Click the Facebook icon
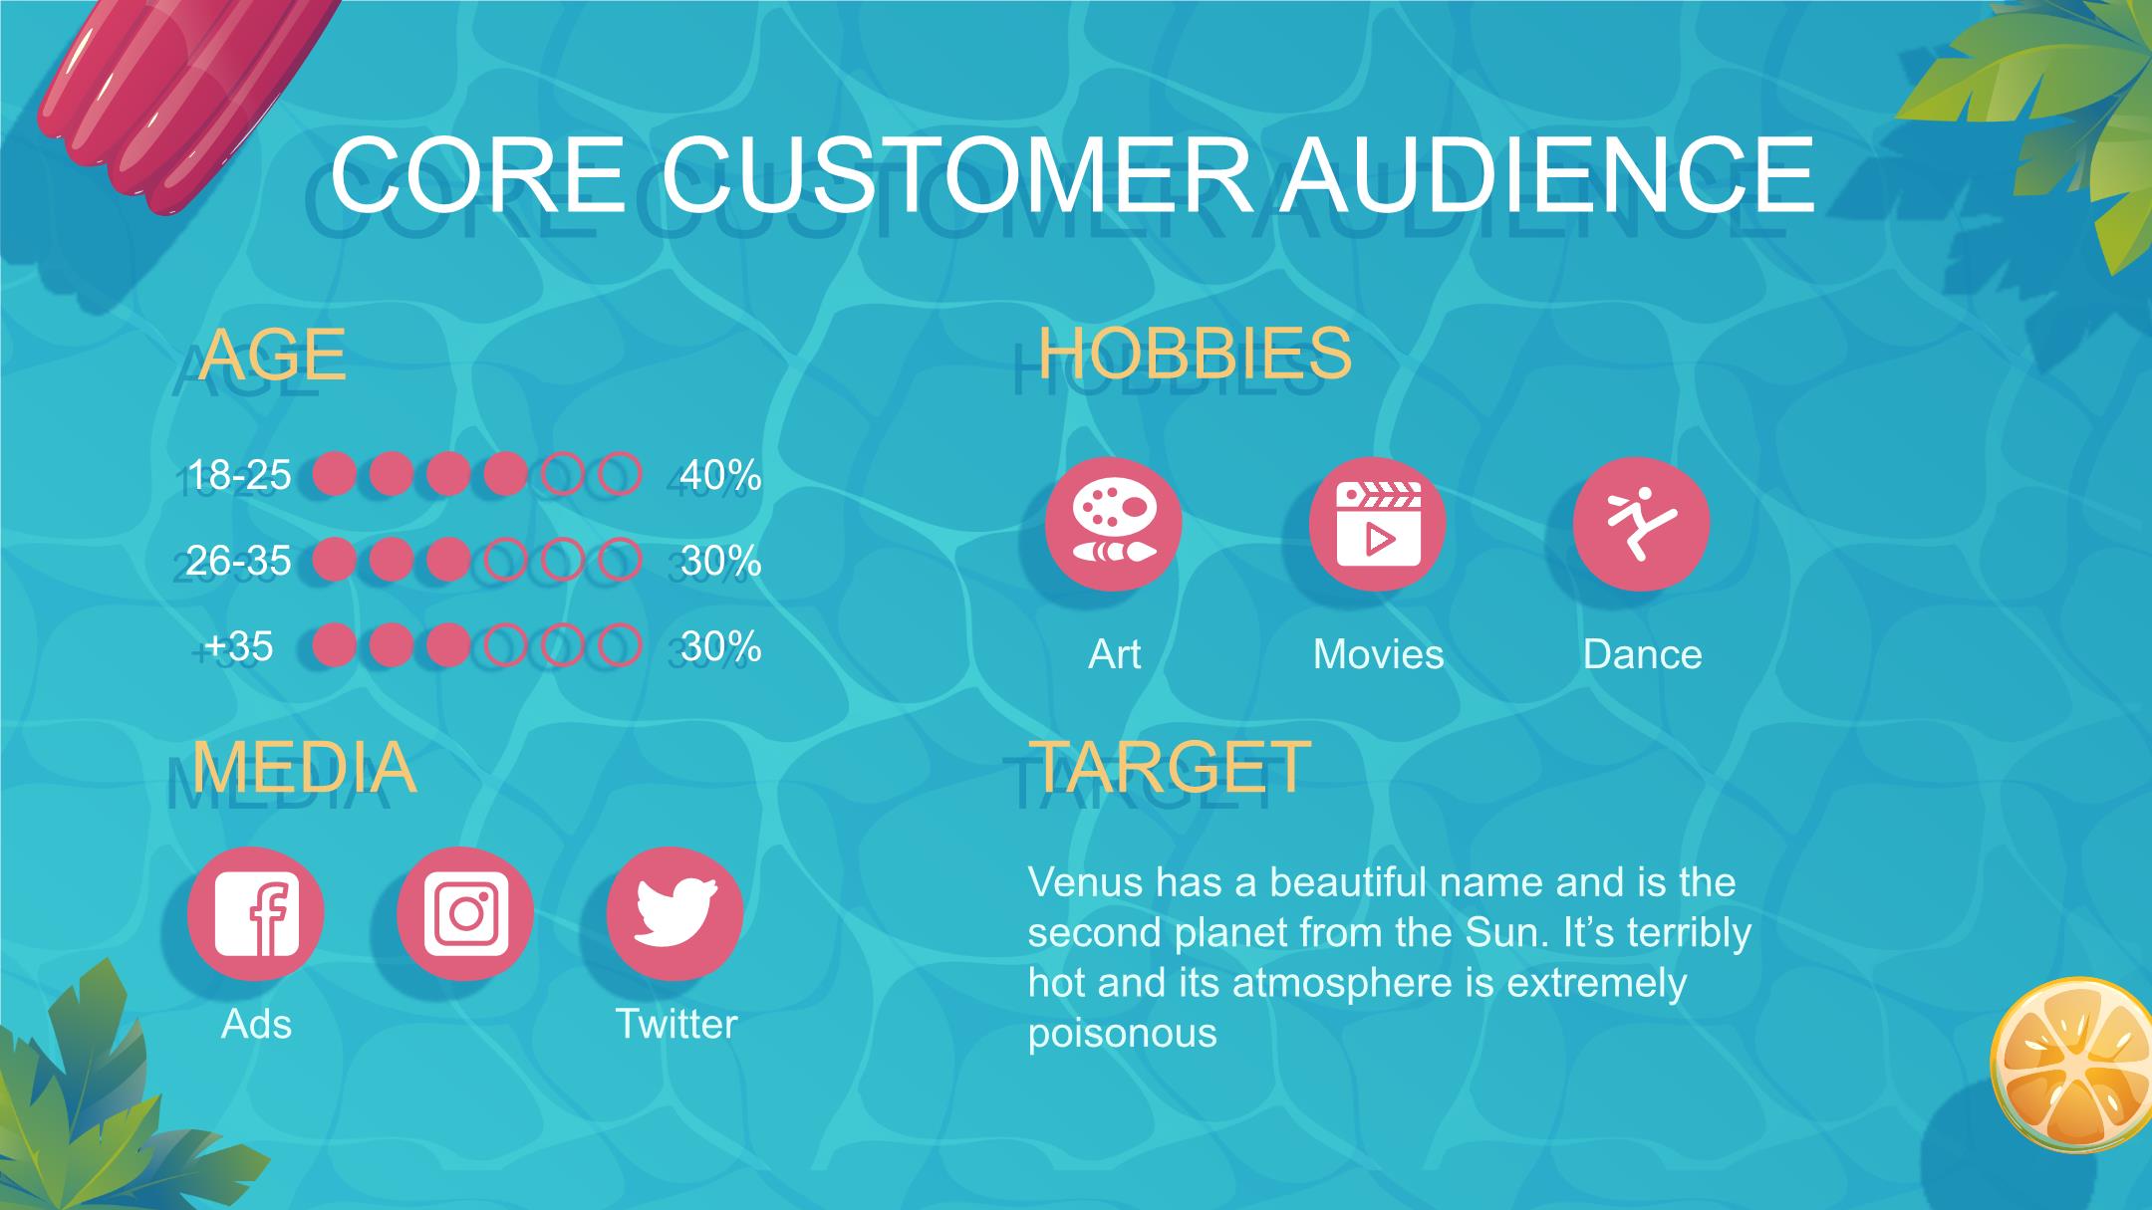coord(256,914)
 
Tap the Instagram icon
coord(465,914)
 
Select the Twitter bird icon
coord(675,914)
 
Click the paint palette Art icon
coord(1114,524)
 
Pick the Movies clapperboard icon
coord(1378,524)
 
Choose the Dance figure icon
coord(1642,524)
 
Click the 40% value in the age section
coord(720,475)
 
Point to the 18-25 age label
coord(238,475)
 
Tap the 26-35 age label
coord(238,561)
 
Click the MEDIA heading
coord(303,767)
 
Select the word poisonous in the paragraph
coord(1123,1034)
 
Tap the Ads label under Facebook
coord(256,1024)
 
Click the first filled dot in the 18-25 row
coord(335,475)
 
